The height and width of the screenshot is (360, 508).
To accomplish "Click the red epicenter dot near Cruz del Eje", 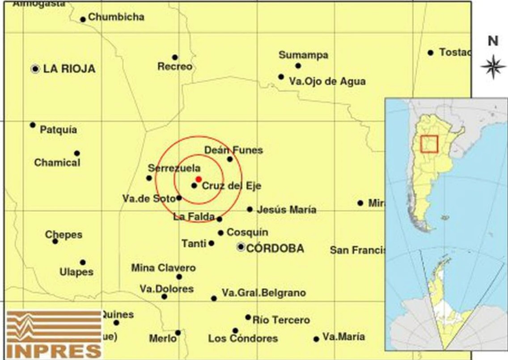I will point(199,179).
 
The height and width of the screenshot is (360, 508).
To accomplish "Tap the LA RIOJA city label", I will point(69,69).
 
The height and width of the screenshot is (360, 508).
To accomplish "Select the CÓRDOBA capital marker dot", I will point(241,247).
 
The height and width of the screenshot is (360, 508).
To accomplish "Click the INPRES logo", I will point(53,334).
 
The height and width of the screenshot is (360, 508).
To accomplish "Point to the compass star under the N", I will point(493,66).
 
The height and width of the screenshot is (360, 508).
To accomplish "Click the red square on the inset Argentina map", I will point(429,144).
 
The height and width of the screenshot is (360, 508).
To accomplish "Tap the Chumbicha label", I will point(116,17).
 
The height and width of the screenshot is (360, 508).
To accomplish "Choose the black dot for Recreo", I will point(175,57).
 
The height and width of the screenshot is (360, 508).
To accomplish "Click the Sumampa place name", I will point(303,55).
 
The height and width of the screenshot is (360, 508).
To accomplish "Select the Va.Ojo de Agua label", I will point(327,81).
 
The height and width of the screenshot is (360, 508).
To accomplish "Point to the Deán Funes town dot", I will point(230,159).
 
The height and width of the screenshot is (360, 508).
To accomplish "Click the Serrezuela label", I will point(174,169).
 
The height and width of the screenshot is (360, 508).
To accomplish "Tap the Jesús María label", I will point(286,210).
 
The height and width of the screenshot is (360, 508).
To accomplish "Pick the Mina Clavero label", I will point(163,268).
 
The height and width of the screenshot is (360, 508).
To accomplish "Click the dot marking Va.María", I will point(316,339).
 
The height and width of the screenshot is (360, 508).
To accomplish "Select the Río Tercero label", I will point(281,320).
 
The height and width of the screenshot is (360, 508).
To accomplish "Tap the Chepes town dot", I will point(55,241).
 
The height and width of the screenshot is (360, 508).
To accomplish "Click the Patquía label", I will point(58,130).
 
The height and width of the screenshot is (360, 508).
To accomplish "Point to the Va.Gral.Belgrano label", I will point(264,293).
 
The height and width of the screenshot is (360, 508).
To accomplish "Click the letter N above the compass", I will point(493,41).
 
